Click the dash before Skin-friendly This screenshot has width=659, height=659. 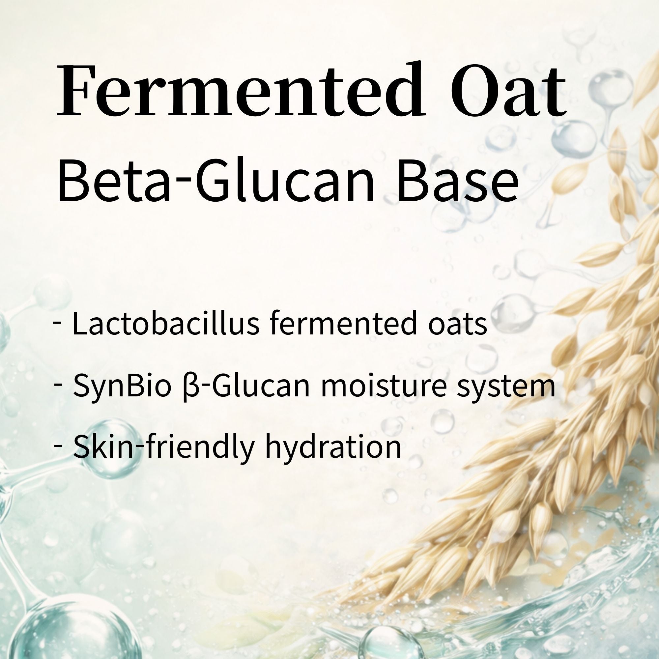[x=58, y=446]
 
